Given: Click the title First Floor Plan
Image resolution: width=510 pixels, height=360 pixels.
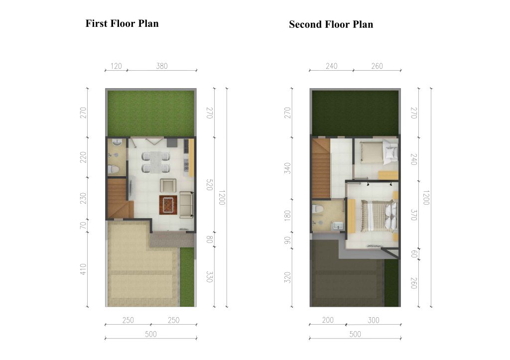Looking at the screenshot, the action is click(x=122, y=23).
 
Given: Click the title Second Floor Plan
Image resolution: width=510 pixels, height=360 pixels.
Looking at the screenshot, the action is click(x=331, y=24).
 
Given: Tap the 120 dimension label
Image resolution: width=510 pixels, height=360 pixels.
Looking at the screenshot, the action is click(x=116, y=66).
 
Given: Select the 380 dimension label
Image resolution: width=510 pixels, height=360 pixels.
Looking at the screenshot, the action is click(x=162, y=66).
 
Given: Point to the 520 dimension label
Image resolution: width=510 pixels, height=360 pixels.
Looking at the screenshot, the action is click(x=210, y=184).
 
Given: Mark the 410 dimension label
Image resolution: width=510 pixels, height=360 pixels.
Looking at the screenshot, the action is click(x=83, y=269).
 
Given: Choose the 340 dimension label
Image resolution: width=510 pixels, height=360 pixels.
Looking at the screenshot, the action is click(x=287, y=168).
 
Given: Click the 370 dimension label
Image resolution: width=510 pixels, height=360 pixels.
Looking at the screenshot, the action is click(x=414, y=215).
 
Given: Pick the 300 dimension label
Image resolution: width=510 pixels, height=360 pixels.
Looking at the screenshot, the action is click(x=374, y=320).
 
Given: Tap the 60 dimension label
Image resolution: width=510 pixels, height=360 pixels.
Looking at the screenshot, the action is click(x=414, y=254).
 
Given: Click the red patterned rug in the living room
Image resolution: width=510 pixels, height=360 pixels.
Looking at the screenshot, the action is click(x=168, y=205).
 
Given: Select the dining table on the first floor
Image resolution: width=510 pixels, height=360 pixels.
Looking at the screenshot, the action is click(x=156, y=162).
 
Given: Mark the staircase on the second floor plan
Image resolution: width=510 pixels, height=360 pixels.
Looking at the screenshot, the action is click(x=321, y=168).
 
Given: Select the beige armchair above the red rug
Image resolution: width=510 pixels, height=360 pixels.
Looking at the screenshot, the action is click(x=168, y=185).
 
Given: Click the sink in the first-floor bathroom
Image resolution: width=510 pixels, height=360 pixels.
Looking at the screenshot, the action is click(x=117, y=142).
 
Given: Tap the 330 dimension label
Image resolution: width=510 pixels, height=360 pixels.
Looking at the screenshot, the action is click(x=210, y=277).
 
